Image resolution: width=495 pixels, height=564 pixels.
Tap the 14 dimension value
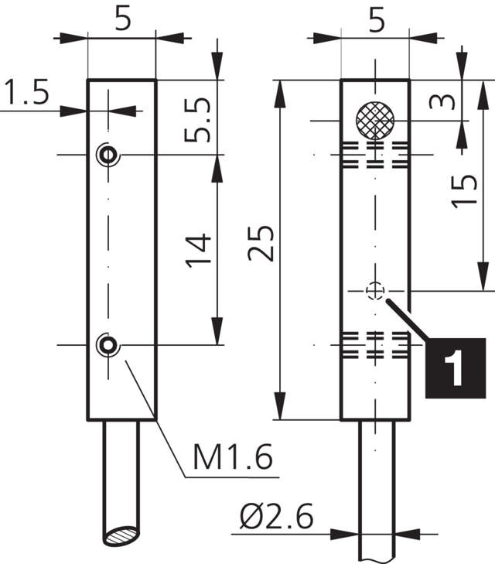[x=197, y=250]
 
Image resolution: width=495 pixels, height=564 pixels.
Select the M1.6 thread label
[x=233, y=460]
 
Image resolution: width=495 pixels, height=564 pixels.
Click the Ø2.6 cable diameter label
[x=275, y=518]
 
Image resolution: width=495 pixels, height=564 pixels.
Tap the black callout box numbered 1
[x=455, y=367]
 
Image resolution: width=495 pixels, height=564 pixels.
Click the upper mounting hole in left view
[x=108, y=155]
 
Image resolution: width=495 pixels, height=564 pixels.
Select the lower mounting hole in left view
[x=108, y=344]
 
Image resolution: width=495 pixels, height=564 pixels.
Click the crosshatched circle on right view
[x=375, y=120]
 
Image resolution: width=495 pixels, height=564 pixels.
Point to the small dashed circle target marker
[x=375, y=290]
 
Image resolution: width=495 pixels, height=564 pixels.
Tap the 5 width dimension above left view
[x=122, y=19]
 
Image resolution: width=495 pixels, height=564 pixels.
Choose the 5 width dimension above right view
[x=376, y=19]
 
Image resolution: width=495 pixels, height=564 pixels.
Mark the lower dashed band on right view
[x=375, y=346]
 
